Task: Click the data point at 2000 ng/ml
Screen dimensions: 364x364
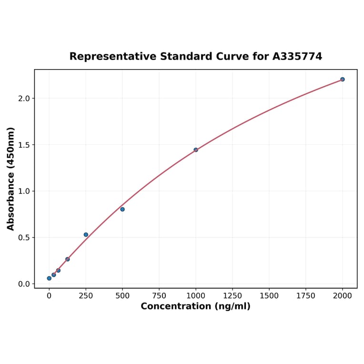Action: pos(342,79)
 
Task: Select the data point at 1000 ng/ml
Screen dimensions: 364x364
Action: pos(196,150)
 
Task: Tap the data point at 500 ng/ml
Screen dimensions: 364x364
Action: pos(122,209)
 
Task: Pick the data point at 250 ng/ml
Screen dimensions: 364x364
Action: pos(86,234)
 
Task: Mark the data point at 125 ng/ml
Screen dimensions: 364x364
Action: pos(68,259)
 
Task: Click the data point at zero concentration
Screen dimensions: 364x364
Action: pos(49,278)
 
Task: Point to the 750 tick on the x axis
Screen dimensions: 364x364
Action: pos(159,296)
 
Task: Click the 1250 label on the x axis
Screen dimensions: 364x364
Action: pos(233,296)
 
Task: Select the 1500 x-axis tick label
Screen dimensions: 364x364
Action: pos(269,296)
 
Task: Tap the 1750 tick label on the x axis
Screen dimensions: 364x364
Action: pos(306,296)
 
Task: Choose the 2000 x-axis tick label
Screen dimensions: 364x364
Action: pos(343,296)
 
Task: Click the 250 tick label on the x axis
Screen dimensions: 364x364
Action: pos(86,296)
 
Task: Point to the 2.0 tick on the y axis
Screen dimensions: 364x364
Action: pos(24,99)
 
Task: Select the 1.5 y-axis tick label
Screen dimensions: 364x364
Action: pos(24,145)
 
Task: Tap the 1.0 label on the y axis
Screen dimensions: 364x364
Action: pos(24,191)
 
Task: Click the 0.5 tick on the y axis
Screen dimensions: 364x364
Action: pos(24,238)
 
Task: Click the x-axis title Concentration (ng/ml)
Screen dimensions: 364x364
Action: pos(195,306)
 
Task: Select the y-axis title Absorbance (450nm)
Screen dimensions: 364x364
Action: pos(11,179)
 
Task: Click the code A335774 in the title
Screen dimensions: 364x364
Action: pos(297,57)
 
